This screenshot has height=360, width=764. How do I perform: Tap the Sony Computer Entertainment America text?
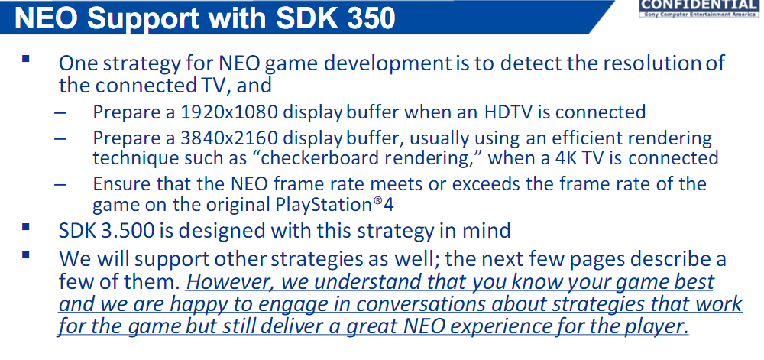[x=701, y=15]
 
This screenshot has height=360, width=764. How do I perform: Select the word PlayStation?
[x=329, y=205]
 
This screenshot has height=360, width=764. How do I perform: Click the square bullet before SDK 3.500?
[x=26, y=227]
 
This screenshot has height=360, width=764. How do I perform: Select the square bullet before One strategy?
[x=26, y=60]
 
